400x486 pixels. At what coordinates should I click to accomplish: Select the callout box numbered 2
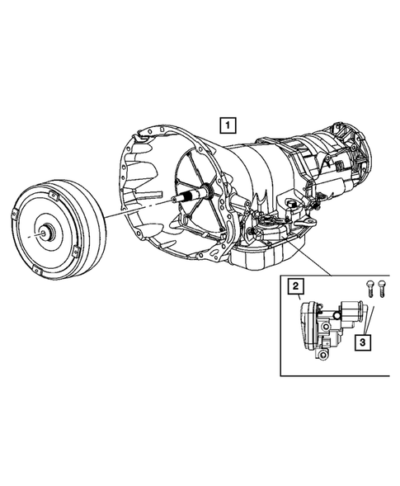[294, 287]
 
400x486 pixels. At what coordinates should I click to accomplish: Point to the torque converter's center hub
[48, 234]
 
